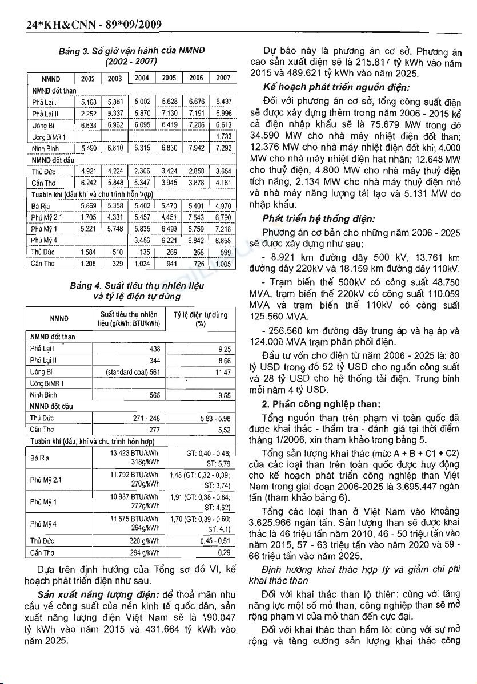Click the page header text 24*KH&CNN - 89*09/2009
click(87, 23)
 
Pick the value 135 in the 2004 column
click(144, 253)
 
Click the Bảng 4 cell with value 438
click(154, 349)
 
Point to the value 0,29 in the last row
click(223, 553)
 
